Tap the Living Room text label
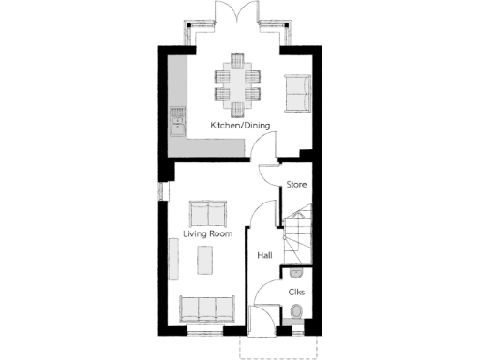[207, 233]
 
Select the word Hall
[264, 254]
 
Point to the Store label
[296, 184]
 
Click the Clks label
[296, 292]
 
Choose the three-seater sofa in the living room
[206, 306]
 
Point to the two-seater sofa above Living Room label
[207, 211]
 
